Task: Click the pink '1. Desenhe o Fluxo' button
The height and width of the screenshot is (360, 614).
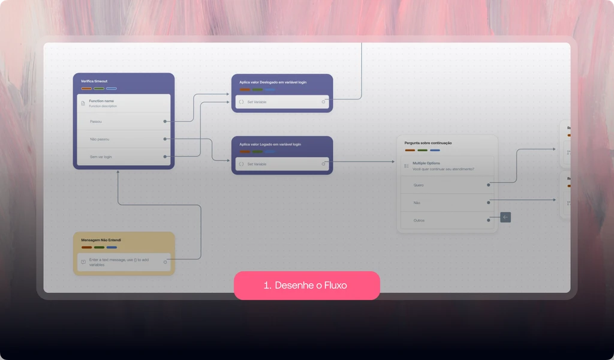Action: point(306,286)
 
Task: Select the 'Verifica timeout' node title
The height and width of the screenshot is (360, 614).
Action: point(94,81)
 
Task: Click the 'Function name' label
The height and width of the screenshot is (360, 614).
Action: point(101,101)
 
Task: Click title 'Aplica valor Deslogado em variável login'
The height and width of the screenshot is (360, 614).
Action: point(273,82)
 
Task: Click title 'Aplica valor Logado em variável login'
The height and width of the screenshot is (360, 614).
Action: point(270,145)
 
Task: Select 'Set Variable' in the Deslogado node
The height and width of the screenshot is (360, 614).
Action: point(257,102)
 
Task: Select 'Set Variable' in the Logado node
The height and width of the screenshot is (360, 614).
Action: point(257,164)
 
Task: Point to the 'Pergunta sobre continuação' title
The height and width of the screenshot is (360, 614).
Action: point(428,143)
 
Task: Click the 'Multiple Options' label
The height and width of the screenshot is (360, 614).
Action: point(426,163)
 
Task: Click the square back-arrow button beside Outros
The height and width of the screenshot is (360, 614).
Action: point(505,217)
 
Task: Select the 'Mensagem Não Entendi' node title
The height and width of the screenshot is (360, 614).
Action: point(101,240)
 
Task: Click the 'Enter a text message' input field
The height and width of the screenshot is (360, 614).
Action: point(124,262)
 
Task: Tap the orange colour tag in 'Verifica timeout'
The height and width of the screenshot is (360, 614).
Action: point(86,89)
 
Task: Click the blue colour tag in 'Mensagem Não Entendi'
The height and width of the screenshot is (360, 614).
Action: point(112,247)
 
